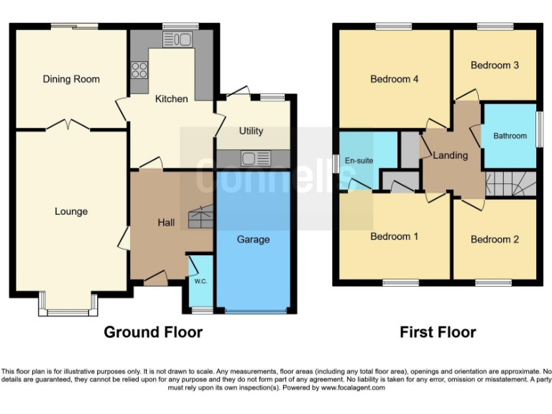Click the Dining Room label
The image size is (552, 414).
[71, 79]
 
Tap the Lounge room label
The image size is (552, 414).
[71, 211]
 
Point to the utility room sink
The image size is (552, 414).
[253, 158]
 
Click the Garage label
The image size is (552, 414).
[253, 239]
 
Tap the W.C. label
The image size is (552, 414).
[201, 281]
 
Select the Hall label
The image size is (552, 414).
[166, 223]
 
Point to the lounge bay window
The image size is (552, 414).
[69, 311]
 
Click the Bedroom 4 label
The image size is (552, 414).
[394, 79]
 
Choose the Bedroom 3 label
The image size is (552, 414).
[494, 65]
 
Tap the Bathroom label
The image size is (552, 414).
[510, 136]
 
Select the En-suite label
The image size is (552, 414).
[359, 160]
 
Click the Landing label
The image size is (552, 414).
[451, 155]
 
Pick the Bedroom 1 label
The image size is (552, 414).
[394, 236]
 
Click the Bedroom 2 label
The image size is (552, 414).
[494, 239]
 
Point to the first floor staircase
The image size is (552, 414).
[511, 184]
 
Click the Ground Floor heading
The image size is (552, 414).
[153, 332]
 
